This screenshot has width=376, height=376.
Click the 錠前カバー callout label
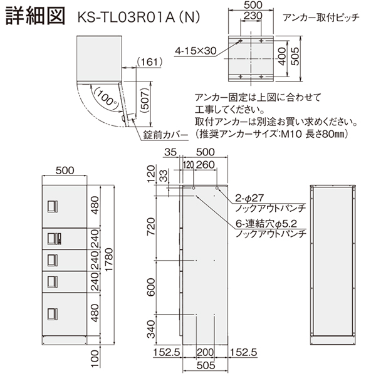point(164,133)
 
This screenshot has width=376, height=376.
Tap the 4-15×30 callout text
point(197,48)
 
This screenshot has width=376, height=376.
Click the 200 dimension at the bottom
point(206,353)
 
